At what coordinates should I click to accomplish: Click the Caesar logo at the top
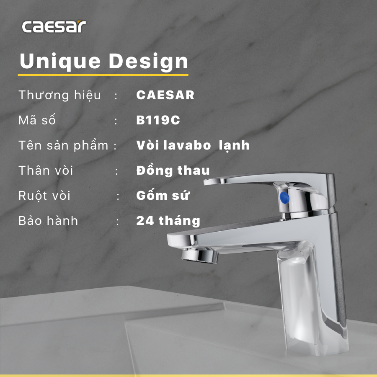click(54, 27)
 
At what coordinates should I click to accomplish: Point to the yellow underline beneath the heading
click(103, 75)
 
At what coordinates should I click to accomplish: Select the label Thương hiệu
click(59, 95)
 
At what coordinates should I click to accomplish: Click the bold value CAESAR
click(165, 95)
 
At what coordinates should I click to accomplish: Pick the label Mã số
click(37, 120)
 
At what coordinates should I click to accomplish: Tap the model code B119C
click(158, 120)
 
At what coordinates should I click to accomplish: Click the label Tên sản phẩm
click(63, 146)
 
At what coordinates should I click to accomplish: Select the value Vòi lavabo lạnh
click(193, 145)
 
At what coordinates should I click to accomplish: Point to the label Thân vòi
click(46, 170)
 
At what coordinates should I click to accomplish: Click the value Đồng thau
click(173, 170)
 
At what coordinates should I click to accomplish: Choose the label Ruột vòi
click(44, 196)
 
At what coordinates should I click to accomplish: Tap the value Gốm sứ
click(163, 196)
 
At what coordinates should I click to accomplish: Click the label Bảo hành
click(48, 221)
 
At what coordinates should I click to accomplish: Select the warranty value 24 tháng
click(168, 221)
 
